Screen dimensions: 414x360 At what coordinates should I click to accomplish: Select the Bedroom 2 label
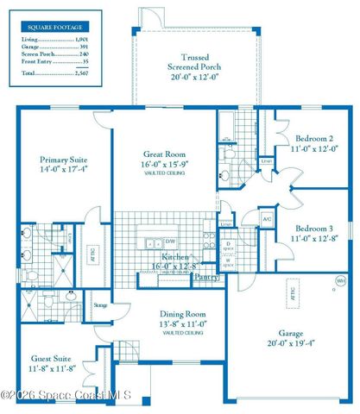(x=314, y=138)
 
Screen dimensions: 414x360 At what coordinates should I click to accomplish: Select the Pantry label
(x=205, y=278)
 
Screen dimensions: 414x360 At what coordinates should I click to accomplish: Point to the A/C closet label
(x=267, y=219)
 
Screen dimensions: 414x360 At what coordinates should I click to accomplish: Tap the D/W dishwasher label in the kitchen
(x=173, y=241)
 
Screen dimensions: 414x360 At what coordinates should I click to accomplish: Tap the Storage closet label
(x=100, y=304)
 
